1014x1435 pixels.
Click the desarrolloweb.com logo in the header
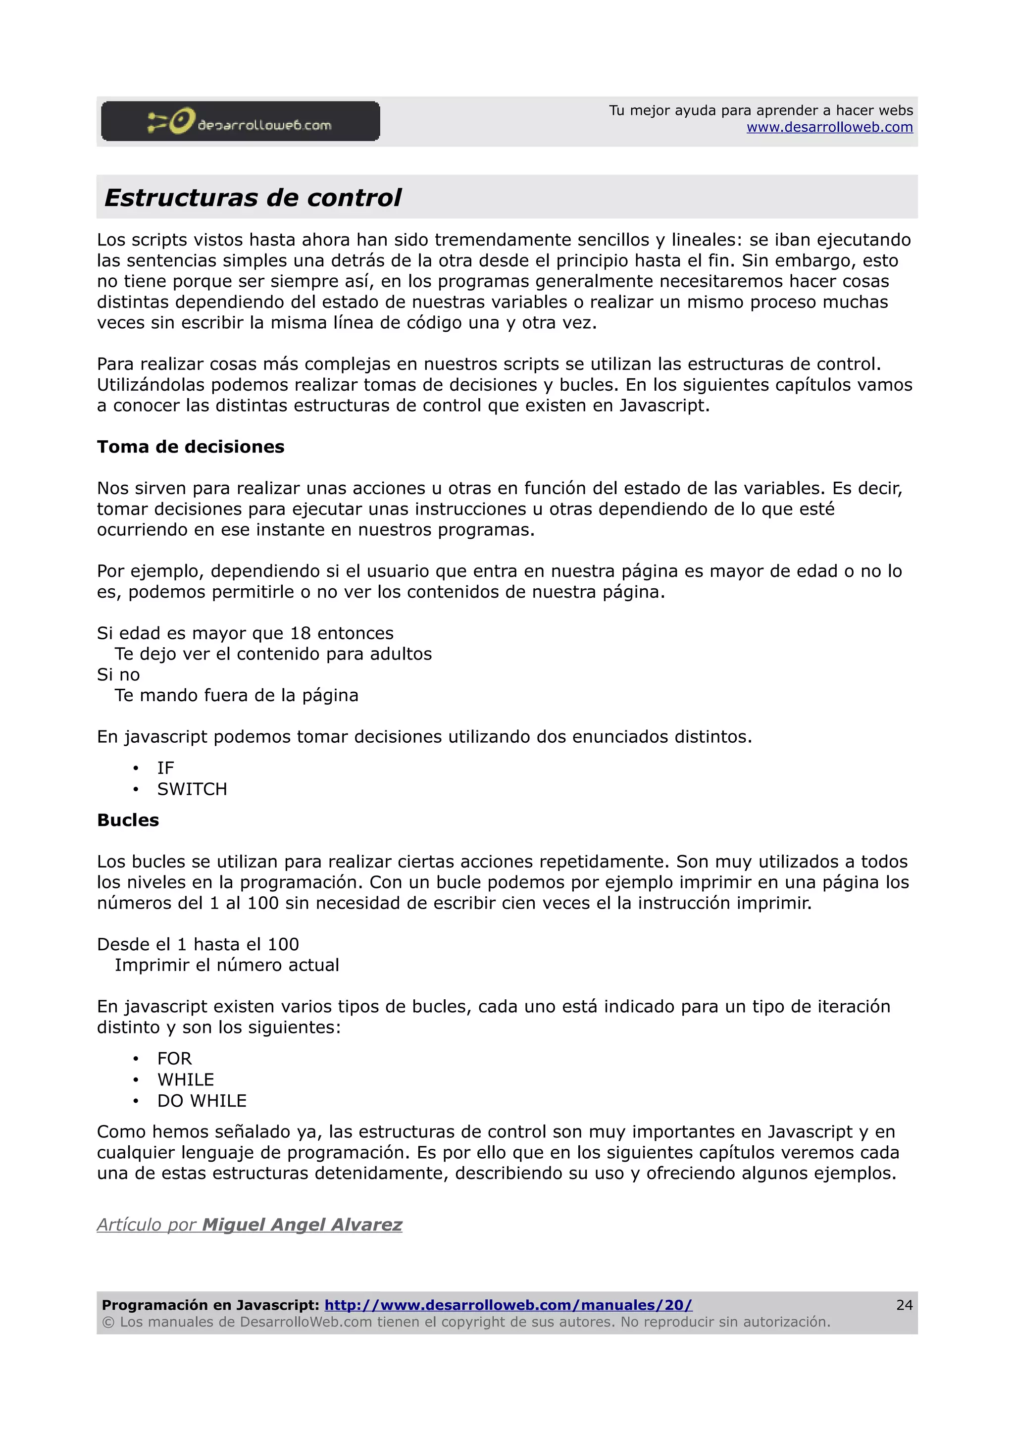240,121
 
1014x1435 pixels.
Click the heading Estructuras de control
253,198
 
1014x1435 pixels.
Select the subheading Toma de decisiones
191,447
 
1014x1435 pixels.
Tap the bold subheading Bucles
128,820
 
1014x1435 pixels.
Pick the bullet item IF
165,768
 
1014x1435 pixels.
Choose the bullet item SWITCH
192,789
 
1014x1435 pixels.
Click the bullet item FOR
174,1059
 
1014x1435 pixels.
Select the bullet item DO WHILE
202,1101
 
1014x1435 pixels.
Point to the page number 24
904,1305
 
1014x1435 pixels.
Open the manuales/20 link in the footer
508,1305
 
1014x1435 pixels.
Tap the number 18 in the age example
300,633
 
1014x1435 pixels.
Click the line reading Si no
118,675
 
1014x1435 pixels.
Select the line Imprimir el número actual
227,965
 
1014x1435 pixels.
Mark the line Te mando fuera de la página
236,696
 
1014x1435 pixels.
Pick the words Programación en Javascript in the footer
210,1305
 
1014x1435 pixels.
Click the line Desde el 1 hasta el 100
198,944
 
